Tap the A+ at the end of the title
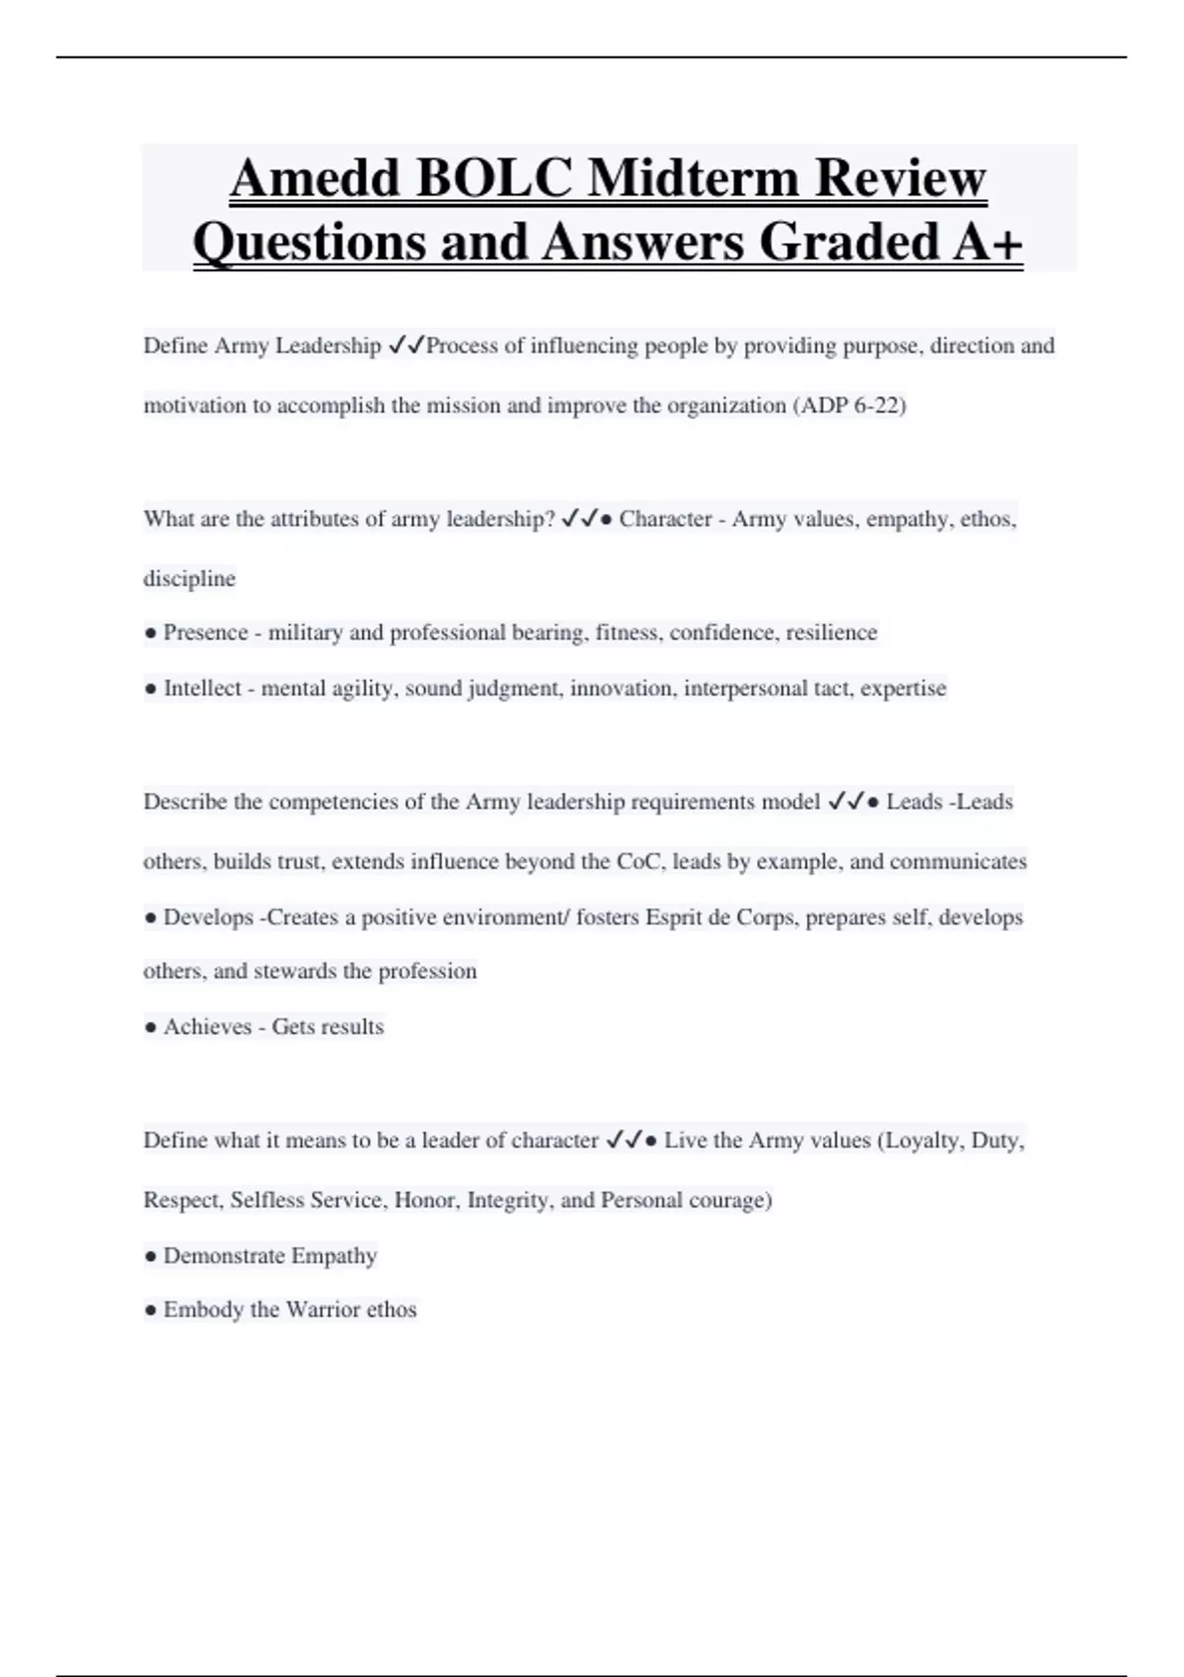tap(987, 242)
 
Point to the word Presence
tap(205, 632)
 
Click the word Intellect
tap(202, 689)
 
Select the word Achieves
tap(207, 1027)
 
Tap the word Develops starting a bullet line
tap(207, 917)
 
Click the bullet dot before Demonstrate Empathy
tap(150, 1257)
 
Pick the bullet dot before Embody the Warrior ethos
tap(150, 1311)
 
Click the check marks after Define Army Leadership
tap(407, 345)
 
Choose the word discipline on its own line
tap(189, 578)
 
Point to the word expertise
tap(903, 689)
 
